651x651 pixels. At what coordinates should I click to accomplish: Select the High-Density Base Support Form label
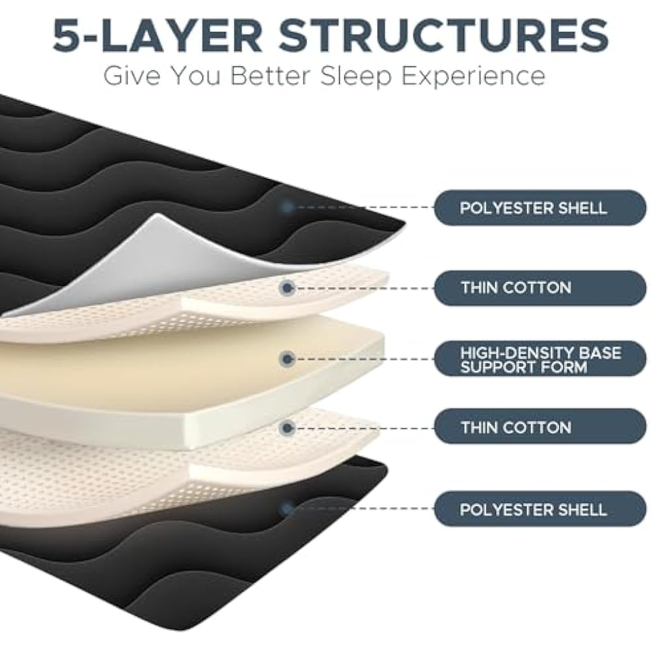point(540,359)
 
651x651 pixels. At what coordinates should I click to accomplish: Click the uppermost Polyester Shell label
point(540,208)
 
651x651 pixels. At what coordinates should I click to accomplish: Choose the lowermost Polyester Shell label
point(540,508)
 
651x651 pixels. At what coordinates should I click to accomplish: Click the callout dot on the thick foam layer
point(286,358)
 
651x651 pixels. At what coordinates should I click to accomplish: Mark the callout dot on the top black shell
point(286,207)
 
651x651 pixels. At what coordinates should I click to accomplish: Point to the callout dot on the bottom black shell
point(286,508)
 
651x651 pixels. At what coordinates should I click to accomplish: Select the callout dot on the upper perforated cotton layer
point(286,287)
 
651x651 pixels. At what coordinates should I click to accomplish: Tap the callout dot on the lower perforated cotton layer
point(286,427)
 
